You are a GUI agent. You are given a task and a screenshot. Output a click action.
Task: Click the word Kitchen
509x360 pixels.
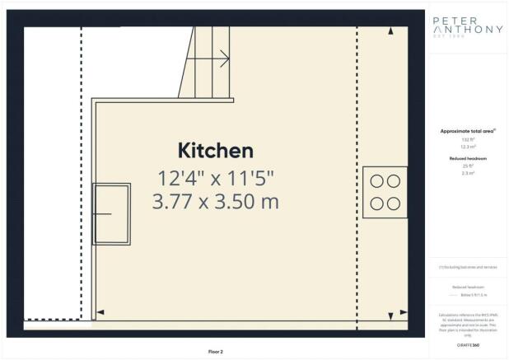click(x=215, y=151)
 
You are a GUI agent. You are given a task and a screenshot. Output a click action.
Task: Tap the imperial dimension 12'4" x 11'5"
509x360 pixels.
click(x=215, y=176)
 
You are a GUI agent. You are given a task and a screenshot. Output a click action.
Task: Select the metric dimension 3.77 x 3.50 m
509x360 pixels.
click(x=215, y=200)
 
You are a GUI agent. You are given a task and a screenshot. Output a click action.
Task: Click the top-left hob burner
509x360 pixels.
click(x=376, y=181)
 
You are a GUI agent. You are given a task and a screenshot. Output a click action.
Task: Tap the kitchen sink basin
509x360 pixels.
click(x=111, y=213)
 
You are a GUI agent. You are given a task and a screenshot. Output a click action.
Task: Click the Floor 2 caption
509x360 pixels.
click(x=216, y=351)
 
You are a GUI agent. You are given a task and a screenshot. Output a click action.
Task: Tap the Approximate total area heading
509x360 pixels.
click(x=467, y=132)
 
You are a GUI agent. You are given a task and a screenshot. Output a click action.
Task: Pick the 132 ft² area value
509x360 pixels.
click(x=467, y=139)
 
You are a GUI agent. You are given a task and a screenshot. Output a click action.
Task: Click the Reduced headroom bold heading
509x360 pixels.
click(x=467, y=157)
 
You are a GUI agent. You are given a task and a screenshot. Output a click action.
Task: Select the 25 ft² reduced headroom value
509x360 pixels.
click(x=467, y=166)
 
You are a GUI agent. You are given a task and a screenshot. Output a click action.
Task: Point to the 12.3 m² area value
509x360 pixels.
click(x=467, y=147)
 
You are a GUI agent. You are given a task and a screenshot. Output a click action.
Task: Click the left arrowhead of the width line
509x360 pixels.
click(x=100, y=312)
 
